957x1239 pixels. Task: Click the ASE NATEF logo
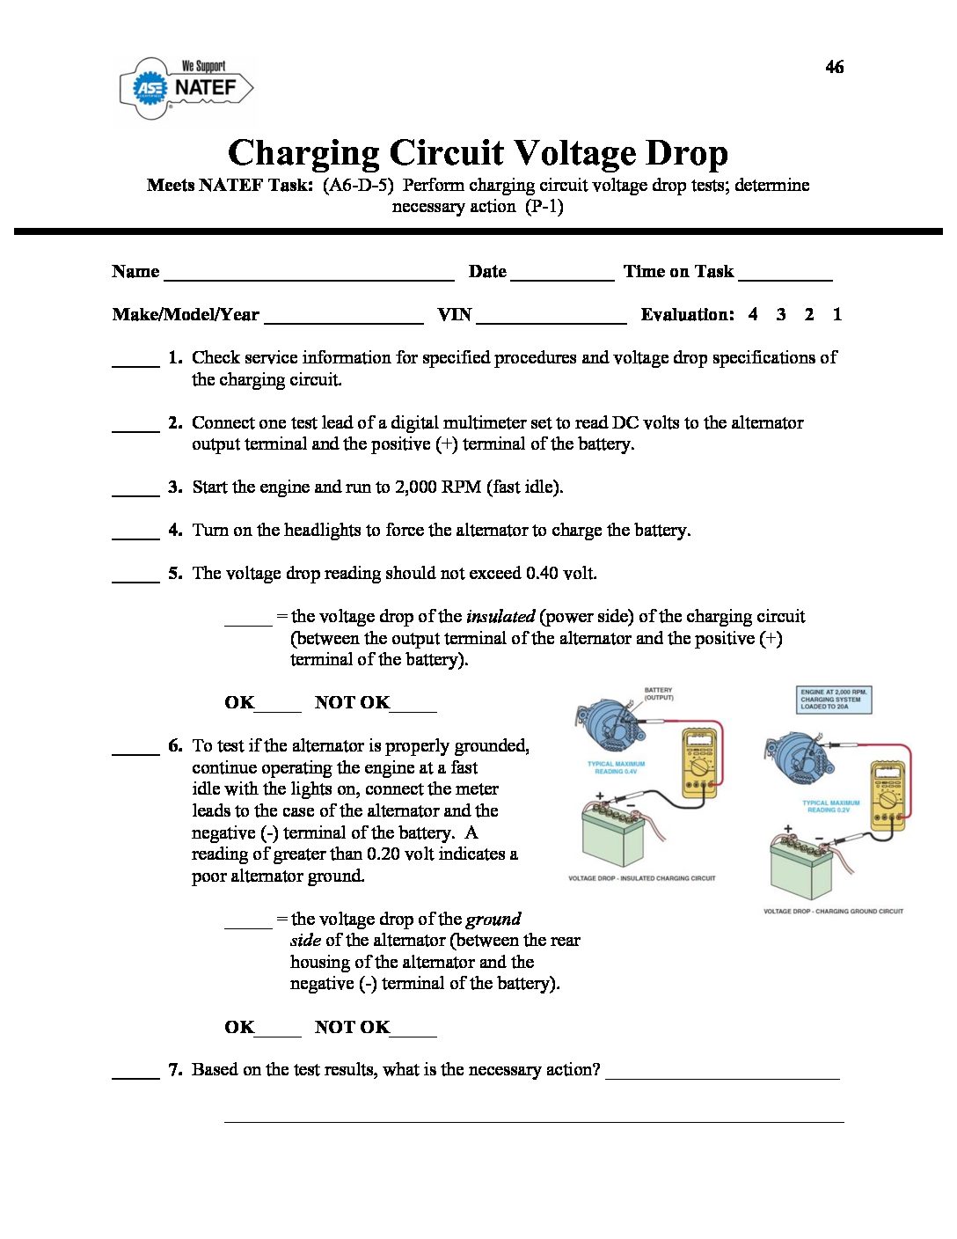click(186, 88)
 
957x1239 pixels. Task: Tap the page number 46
click(834, 67)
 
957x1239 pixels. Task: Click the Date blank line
click(562, 275)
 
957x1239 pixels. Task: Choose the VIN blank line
click(551, 318)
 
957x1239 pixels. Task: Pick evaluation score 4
click(753, 314)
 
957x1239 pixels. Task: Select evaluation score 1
click(836, 314)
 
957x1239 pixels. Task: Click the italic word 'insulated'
click(500, 616)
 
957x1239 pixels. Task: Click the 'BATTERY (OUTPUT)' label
click(658, 694)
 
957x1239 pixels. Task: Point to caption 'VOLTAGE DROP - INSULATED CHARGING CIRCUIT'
click(641, 878)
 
